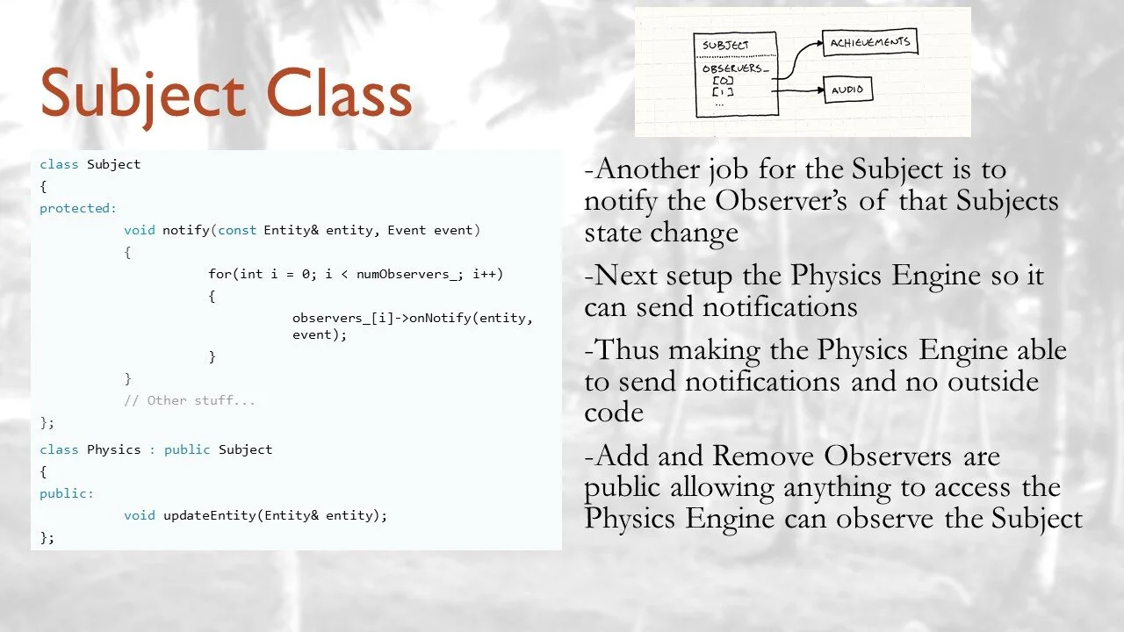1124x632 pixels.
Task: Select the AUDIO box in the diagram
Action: (848, 90)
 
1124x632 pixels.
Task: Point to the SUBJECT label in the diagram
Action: (726, 46)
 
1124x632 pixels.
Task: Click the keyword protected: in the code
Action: (78, 209)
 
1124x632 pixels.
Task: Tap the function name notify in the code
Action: (184, 231)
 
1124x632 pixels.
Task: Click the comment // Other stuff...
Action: (190, 401)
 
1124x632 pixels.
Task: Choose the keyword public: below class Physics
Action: (67, 493)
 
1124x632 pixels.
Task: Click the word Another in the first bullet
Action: (649, 169)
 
